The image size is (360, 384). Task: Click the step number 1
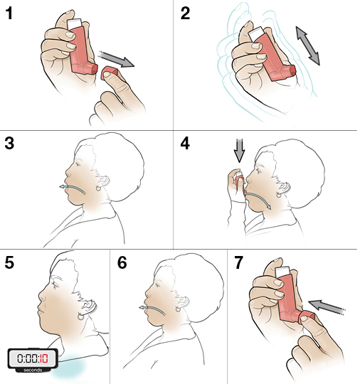pos(9,14)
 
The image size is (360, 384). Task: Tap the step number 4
pos(185,143)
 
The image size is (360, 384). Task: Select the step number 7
pos(238,262)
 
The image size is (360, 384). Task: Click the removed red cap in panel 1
pos(110,73)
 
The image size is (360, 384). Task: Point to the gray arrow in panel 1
pos(117,59)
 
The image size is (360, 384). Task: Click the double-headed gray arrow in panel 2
pos(308,46)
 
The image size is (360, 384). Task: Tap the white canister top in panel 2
pos(256,33)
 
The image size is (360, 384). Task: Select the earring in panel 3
pos(98,188)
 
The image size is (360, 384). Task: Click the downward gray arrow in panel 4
pos(239,151)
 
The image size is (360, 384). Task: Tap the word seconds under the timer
pos(33,370)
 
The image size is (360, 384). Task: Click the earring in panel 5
pos(80,316)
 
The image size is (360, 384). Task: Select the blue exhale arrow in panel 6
pos(152,310)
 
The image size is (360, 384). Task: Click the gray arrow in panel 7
pos(327,307)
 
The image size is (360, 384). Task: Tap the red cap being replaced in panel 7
pos(307,317)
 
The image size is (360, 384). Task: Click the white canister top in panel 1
pos(74,24)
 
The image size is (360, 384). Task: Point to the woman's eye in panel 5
pos(55,285)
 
